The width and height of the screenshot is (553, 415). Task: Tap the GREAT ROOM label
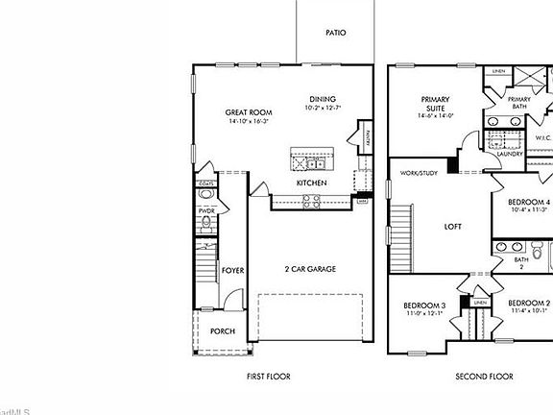(x=245, y=111)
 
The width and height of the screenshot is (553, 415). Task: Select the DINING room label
(x=323, y=99)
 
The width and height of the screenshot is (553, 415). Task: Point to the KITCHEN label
(x=311, y=183)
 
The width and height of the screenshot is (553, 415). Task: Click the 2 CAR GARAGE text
(x=309, y=269)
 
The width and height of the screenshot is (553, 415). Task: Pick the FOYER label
(x=233, y=271)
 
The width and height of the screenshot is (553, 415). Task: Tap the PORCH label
(x=222, y=331)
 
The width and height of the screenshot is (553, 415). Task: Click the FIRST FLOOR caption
(x=268, y=377)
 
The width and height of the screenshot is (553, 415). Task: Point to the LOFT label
(x=453, y=228)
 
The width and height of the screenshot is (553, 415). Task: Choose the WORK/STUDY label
(x=420, y=174)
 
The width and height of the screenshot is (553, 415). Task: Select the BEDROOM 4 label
(x=529, y=202)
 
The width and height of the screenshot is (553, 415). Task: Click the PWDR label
(x=205, y=210)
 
